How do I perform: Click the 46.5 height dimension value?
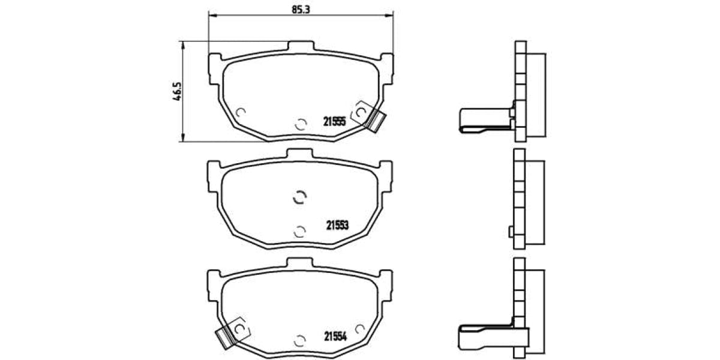tap(178, 92)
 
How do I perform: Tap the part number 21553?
tap(337, 226)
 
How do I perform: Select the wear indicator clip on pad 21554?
tap(224, 337)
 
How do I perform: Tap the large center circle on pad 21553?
tap(299, 197)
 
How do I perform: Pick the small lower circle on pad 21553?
tap(300, 231)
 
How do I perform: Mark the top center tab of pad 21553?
tap(300, 154)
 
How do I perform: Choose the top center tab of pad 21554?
tap(300, 263)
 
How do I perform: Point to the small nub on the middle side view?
tap(510, 232)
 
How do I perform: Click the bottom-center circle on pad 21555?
tap(300, 124)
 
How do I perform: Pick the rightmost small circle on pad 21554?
tap(359, 328)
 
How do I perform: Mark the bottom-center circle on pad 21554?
tap(300, 340)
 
